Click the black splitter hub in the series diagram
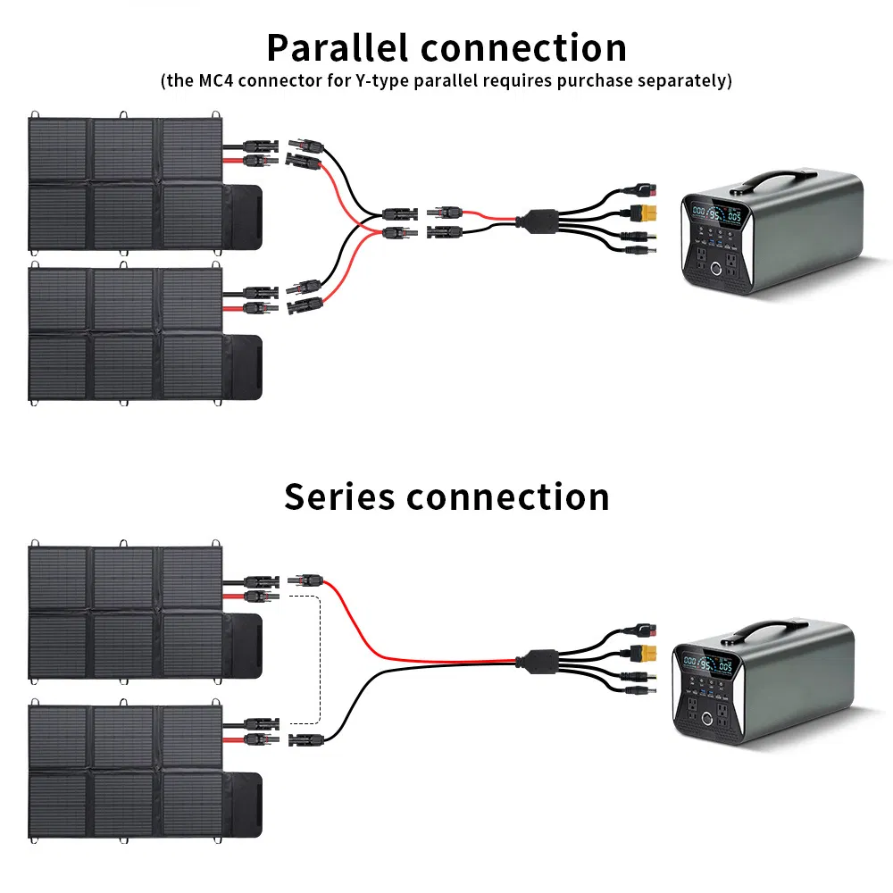[539, 660]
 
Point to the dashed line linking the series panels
[320, 661]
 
